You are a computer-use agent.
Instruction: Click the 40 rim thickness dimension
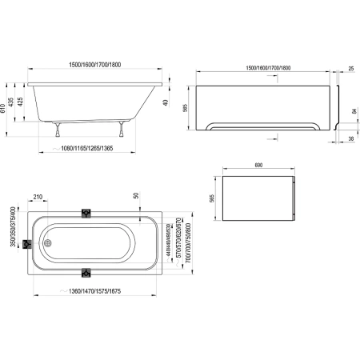[165, 101]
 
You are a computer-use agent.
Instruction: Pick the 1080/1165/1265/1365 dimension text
[98, 148]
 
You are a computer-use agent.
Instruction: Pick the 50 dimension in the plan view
[136, 197]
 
